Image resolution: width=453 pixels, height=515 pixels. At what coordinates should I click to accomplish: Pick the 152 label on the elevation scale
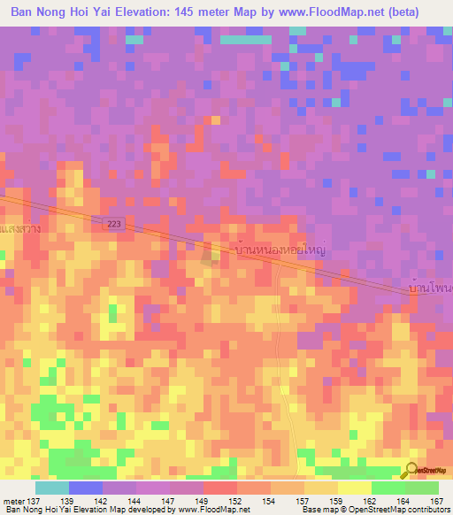pyautogui.click(x=236, y=501)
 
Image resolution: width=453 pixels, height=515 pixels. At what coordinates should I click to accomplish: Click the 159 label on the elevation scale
pyautogui.click(x=337, y=501)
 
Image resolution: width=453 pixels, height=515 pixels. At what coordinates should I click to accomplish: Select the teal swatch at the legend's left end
pyautogui.click(x=51, y=488)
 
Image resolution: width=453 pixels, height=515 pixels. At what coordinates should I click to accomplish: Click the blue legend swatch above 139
pyautogui.click(x=85, y=488)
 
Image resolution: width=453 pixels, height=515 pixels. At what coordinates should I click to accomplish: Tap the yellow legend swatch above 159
pyautogui.click(x=354, y=488)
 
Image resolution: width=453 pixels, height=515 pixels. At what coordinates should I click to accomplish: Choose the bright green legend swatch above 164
pyautogui.click(x=388, y=488)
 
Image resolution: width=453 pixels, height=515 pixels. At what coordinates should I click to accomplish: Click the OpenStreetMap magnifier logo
pyautogui.click(x=413, y=471)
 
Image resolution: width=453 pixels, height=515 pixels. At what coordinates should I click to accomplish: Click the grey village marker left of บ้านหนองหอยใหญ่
pyautogui.click(x=211, y=257)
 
